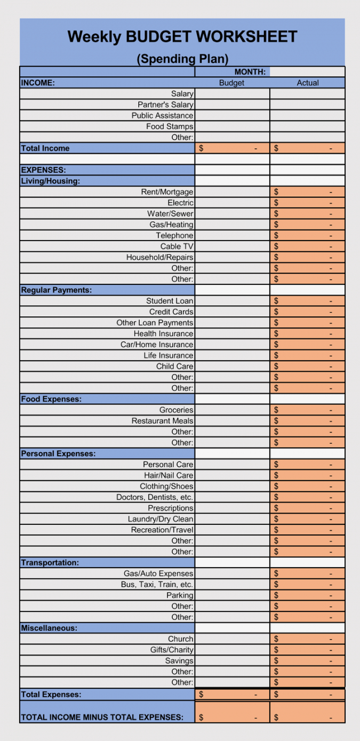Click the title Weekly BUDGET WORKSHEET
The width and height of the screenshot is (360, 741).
pos(182,37)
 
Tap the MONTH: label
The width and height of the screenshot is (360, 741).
pos(250,72)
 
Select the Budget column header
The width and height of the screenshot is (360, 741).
pos(231,83)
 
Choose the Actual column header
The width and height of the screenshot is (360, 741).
pos(308,83)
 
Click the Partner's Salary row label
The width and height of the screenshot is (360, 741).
pos(165,105)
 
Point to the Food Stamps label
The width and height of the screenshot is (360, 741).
pos(170,126)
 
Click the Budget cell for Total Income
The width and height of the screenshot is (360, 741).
pos(232,148)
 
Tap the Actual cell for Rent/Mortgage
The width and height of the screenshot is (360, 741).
pos(307,192)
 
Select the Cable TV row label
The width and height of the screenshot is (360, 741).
pos(177,246)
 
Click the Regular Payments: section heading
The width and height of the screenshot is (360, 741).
pos(57,290)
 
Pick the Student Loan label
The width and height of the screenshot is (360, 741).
pos(170,301)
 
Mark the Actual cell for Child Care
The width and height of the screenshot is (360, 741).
pos(307,366)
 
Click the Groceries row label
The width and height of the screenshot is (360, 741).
pos(176,410)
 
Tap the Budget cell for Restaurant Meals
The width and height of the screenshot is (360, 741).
pos(232,421)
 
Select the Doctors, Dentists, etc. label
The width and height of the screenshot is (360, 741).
pos(155,497)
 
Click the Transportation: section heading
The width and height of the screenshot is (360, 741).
pos(50,562)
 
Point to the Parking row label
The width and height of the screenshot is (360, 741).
pos(180,595)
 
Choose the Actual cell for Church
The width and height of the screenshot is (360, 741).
pos(307,639)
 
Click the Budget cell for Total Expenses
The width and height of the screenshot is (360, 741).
pos(232,695)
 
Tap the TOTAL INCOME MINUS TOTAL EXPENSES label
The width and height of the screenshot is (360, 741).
pos(102,718)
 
